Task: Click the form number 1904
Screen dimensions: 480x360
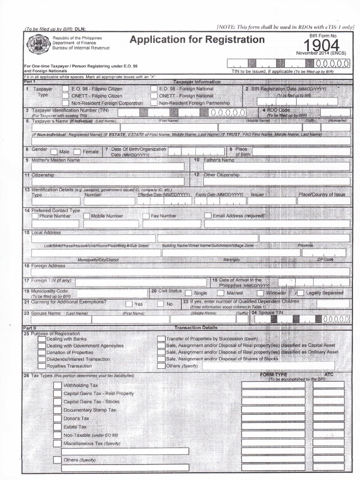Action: tap(321, 45)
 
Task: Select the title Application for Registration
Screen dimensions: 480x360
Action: tap(197, 40)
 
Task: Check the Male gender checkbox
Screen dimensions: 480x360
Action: tap(54, 152)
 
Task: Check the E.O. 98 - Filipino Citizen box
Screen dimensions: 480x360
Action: tap(66, 89)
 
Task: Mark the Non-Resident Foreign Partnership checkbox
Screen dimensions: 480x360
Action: tap(154, 103)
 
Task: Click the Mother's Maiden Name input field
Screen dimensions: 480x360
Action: tap(108, 167)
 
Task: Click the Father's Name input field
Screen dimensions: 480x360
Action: tap(276, 167)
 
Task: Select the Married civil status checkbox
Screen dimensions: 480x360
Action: tap(221, 292)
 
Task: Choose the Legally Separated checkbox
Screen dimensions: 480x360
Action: tap(300, 292)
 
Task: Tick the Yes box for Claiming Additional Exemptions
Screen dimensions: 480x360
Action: tap(129, 304)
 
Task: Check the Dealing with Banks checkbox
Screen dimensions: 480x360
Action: tap(42, 338)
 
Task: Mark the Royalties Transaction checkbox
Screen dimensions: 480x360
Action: tap(42, 366)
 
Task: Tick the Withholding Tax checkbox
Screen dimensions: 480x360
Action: tap(57, 385)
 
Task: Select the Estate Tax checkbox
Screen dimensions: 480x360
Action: tap(57, 427)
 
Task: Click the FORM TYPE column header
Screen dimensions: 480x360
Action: tap(273, 375)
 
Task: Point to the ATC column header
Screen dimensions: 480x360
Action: tap(329, 375)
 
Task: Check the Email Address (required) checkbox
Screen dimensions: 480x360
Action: tap(208, 216)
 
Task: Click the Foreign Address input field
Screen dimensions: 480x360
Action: tap(190, 272)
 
